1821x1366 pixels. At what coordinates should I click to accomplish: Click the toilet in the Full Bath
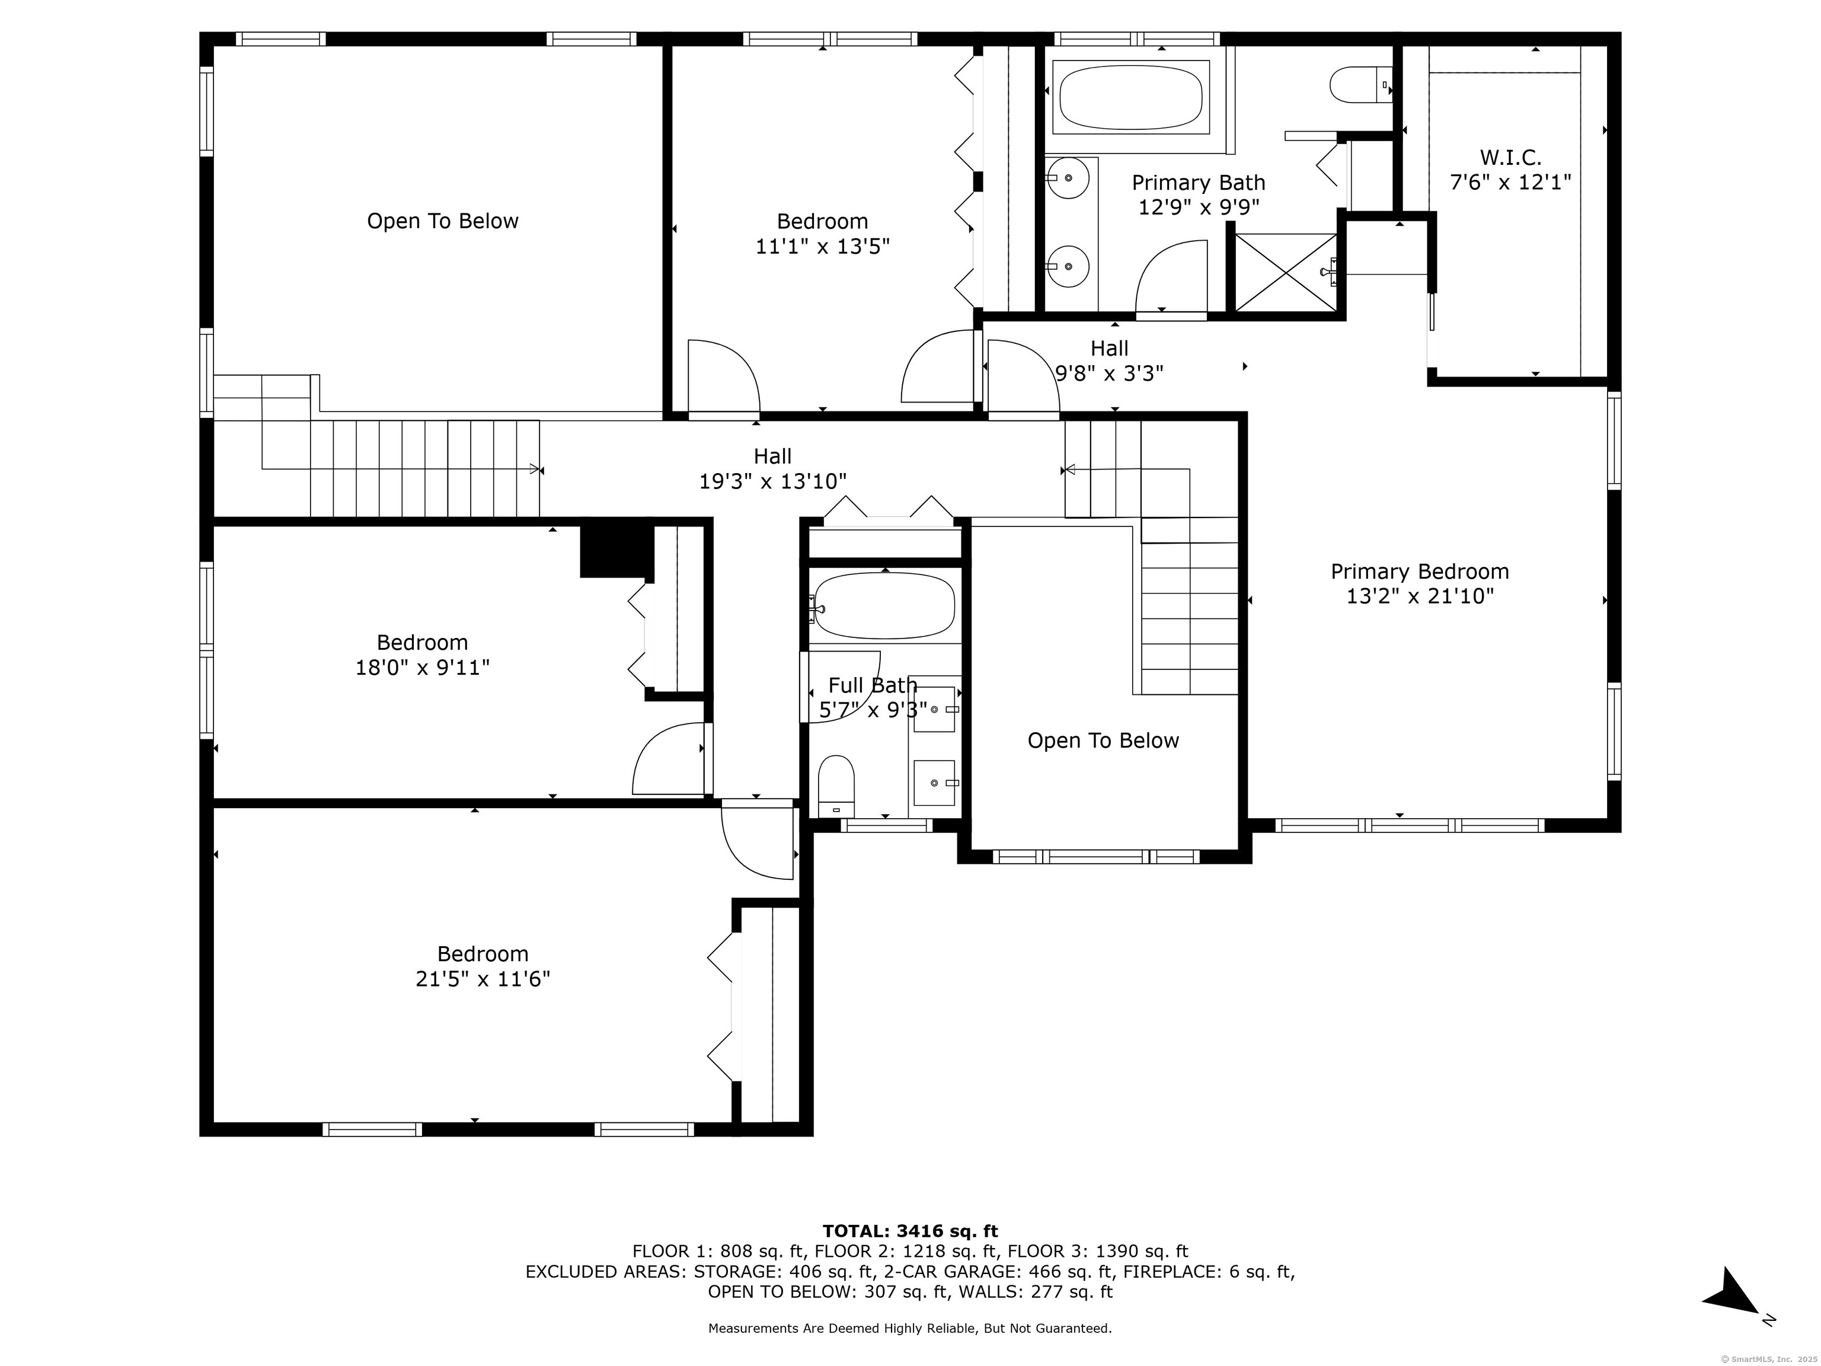point(836,786)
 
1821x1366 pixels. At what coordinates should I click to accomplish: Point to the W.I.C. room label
point(1510,157)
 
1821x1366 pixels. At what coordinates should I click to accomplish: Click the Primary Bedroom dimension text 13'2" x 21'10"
point(1420,596)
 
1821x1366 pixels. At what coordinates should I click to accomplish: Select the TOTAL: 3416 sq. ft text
point(910,1231)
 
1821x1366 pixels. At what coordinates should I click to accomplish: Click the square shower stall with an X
point(1287,273)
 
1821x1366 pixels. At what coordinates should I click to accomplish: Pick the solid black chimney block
point(616,550)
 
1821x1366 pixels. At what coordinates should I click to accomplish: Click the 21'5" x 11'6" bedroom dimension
point(483,979)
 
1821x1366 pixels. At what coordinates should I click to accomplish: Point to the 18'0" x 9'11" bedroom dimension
point(422,667)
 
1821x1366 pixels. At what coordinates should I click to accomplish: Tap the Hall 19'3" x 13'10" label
point(773,468)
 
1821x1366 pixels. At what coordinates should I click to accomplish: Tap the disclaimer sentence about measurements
point(910,1328)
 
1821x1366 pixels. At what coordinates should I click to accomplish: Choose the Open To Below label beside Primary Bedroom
point(1103,741)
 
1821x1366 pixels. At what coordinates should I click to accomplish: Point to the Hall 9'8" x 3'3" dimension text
point(1110,374)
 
